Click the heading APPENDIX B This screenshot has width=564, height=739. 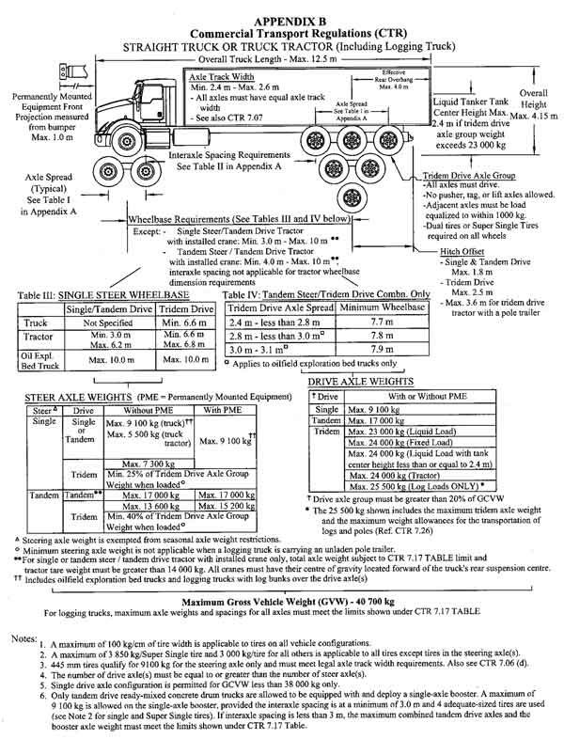pos(283,9)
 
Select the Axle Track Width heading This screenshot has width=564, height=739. pos(223,78)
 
